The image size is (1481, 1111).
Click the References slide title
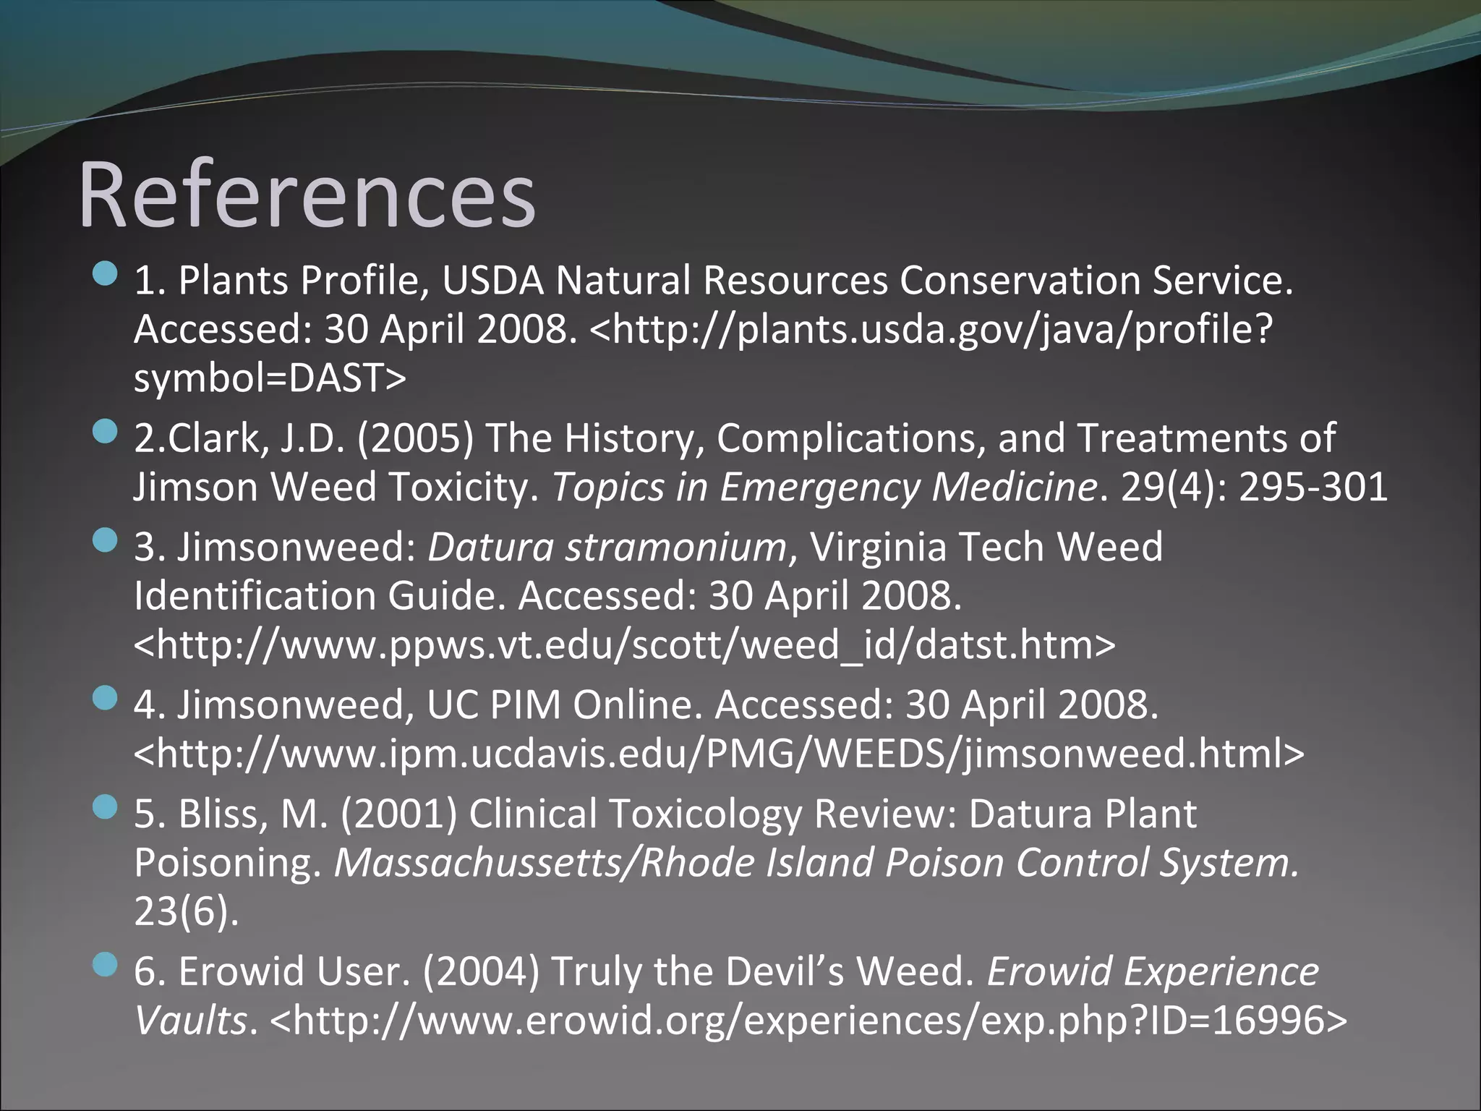(x=307, y=195)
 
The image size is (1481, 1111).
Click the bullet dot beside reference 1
(x=106, y=274)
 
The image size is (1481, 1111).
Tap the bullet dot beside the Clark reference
(x=106, y=432)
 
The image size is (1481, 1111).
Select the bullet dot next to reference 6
(x=106, y=964)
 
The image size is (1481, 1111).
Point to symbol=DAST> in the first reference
(x=270, y=378)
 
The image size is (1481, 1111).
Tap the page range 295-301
(x=1313, y=487)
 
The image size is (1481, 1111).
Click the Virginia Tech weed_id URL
(x=625, y=644)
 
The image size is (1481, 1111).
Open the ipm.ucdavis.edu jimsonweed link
(x=719, y=753)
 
